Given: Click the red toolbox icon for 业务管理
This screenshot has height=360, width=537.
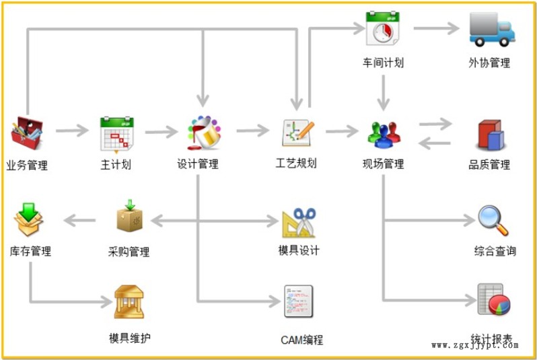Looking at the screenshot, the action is tap(27, 133).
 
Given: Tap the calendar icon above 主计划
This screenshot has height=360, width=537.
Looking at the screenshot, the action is tap(117, 135).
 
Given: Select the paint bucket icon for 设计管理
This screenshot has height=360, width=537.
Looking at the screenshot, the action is tap(204, 133).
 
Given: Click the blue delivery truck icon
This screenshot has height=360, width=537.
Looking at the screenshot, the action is tap(492, 30).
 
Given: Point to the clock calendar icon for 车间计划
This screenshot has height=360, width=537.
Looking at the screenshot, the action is tap(383, 28).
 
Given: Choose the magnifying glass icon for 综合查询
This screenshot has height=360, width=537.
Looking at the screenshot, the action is tap(493, 220).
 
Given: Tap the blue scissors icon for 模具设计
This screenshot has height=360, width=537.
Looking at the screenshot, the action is tap(299, 223).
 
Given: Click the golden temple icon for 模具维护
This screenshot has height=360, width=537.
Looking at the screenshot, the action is tap(129, 301).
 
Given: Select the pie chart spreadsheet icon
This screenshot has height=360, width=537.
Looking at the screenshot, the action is tap(493, 299).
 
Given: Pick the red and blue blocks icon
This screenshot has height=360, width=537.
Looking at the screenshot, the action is tap(491, 135).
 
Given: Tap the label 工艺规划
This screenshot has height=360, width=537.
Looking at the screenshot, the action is tap(296, 164).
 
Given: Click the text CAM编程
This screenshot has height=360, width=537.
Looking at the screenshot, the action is tap(301, 340).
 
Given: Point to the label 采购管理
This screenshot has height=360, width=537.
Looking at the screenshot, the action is tap(129, 252).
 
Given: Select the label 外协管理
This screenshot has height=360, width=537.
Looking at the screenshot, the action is tap(489, 63).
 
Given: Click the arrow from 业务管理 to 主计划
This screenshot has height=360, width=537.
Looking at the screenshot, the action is tap(72, 131).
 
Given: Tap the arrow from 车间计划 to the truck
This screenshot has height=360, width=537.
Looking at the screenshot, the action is tap(436, 28).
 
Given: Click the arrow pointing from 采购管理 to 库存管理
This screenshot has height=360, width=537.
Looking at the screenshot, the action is tap(79, 220).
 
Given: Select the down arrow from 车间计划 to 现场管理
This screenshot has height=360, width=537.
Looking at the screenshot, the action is tap(383, 93).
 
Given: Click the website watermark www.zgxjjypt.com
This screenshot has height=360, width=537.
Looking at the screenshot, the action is tap(475, 345).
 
